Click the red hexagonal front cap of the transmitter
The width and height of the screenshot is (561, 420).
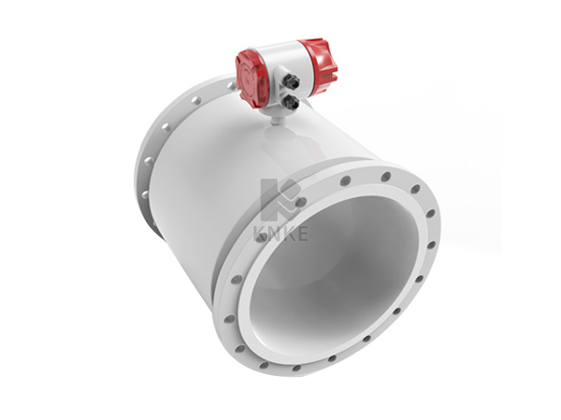pos(251,79)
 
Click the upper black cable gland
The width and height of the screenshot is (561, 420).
pos(293,82)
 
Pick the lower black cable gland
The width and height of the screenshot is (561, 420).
pos(291,102)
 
